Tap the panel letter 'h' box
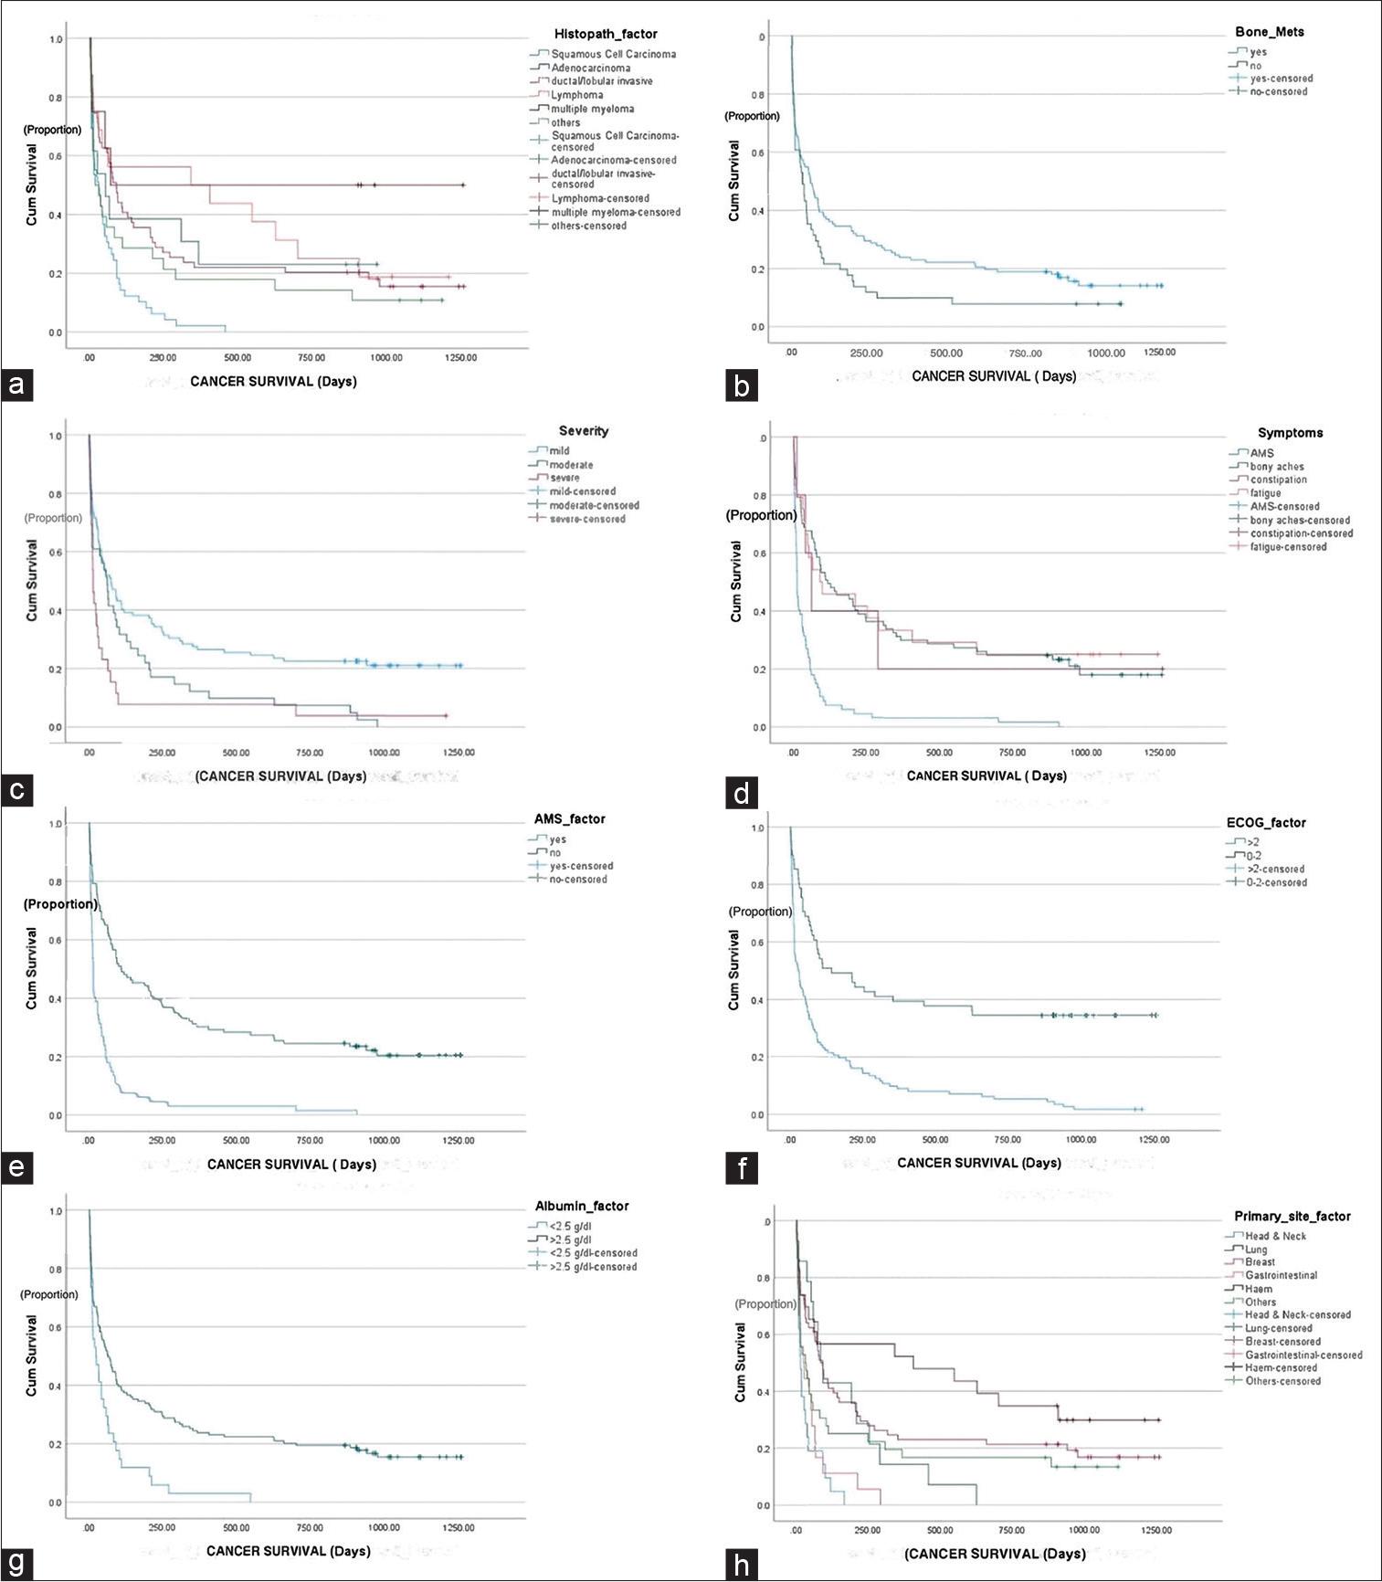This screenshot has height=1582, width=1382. (x=741, y=1565)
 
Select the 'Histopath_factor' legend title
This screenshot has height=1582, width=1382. (x=606, y=34)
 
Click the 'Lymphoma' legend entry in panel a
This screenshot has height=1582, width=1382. (x=576, y=95)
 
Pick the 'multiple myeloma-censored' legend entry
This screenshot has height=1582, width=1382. (x=616, y=212)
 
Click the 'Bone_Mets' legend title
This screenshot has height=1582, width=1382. (x=1270, y=32)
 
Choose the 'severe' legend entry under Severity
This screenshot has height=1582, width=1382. (x=564, y=478)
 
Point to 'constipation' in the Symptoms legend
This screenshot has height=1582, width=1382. (x=1278, y=480)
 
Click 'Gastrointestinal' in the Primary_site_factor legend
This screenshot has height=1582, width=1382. (x=1281, y=1275)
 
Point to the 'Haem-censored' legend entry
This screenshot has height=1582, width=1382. (x=1281, y=1367)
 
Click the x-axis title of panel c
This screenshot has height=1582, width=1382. (x=280, y=776)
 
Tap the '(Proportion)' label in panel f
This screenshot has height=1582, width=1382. (x=760, y=912)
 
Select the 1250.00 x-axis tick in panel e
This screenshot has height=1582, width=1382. (x=459, y=1140)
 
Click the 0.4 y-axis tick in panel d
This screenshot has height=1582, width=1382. (x=759, y=611)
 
